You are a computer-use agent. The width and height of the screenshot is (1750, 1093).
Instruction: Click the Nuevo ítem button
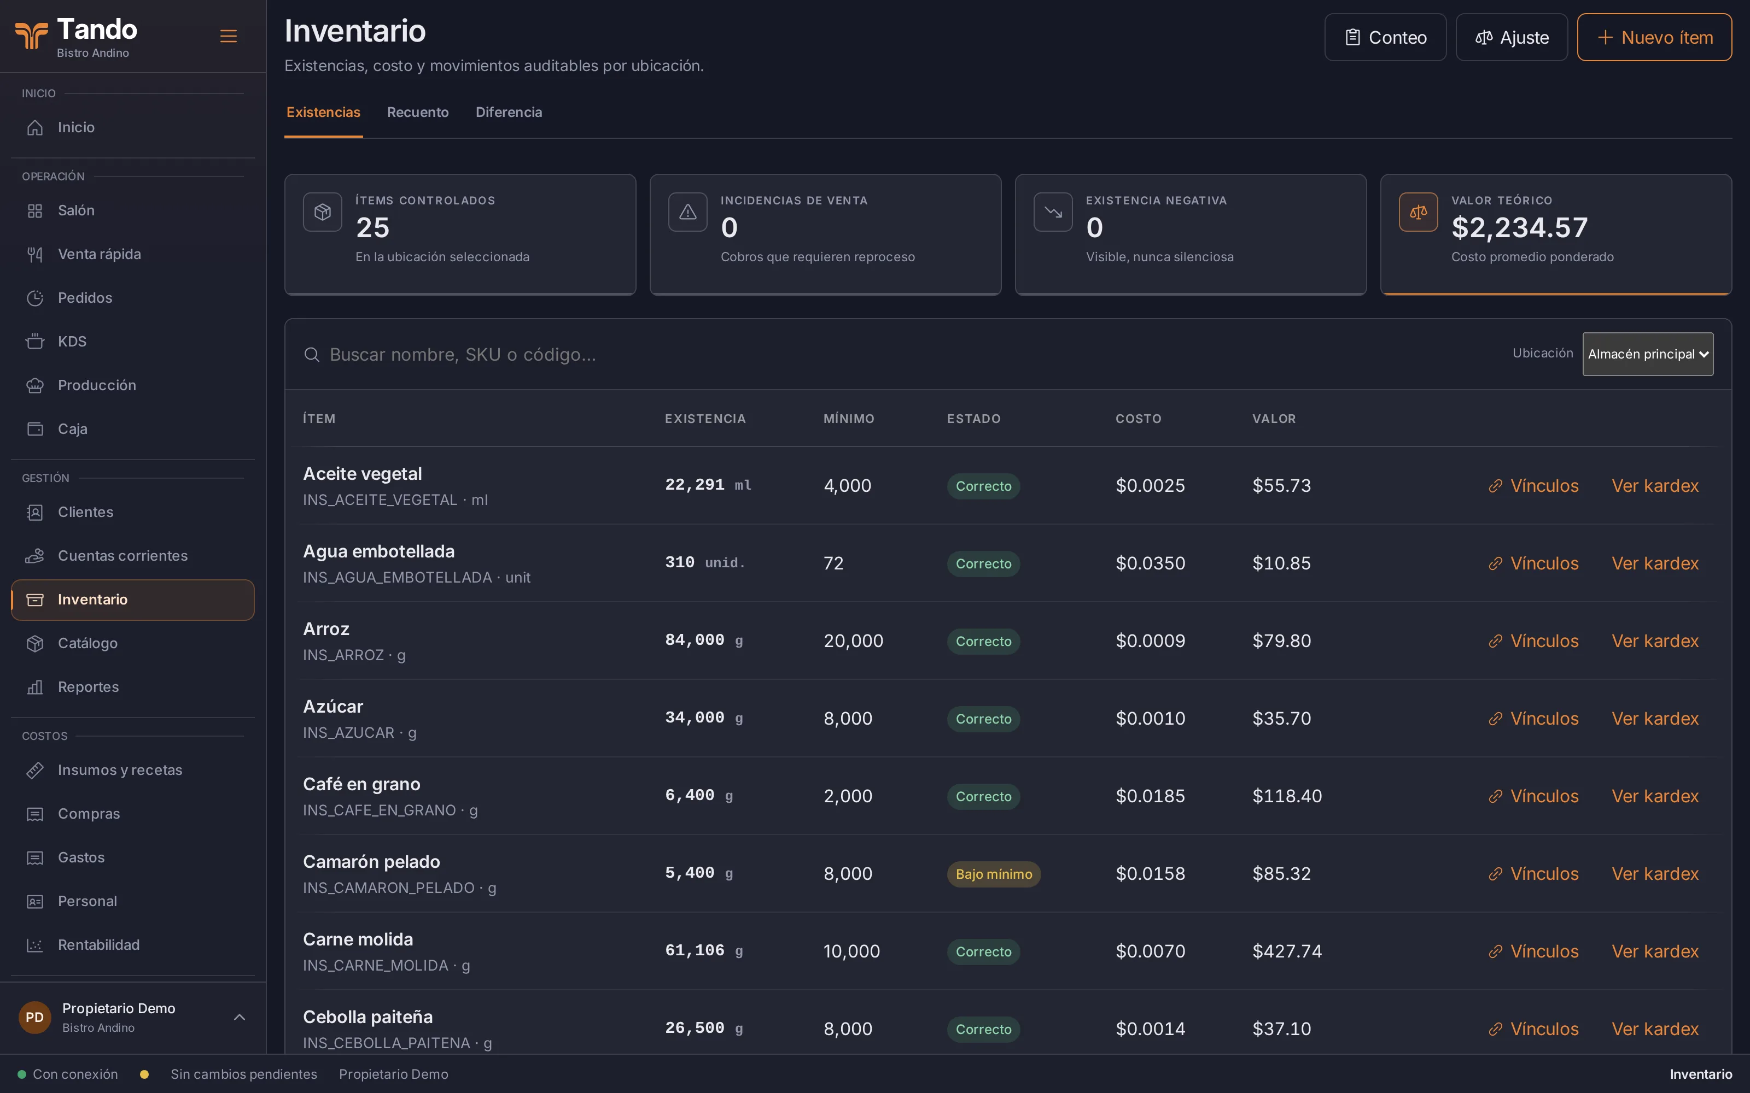pos(1654,38)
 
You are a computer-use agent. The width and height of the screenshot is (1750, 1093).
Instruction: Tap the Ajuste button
pos(1512,38)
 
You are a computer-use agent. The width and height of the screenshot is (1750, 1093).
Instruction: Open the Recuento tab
pos(418,112)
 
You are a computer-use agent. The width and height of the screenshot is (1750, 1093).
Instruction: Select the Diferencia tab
pos(509,112)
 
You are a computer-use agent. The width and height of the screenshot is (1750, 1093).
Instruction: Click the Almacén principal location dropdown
pos(1647,354)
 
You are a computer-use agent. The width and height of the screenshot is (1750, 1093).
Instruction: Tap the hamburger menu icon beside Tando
pos(229,36)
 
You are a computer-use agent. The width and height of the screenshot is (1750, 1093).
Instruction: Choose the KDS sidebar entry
pos(72,341)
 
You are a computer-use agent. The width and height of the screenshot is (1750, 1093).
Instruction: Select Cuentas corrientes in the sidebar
pos(122,556)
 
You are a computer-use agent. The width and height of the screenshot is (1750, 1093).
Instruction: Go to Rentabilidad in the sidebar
pos(98,945)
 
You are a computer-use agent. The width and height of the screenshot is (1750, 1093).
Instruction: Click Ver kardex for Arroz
pos(1654,641)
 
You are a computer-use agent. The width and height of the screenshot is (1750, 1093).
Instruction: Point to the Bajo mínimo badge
pos(994,874)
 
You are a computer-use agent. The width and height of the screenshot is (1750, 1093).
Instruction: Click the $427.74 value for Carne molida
pos(1287,951)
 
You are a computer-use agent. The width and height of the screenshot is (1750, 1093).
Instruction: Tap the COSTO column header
pos(1138,419)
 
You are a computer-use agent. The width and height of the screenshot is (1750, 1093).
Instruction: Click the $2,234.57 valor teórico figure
pos(1519,228)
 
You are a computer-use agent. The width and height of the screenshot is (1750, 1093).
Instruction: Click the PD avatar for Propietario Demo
pos(34,1017)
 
